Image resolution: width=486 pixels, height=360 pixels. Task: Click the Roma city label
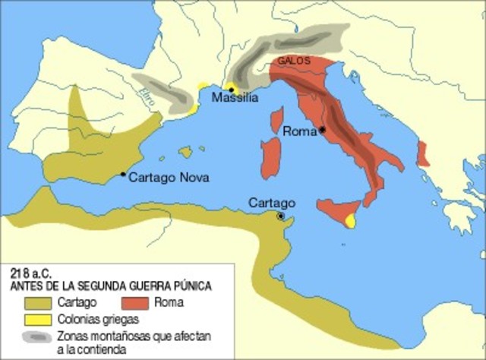[298, 131]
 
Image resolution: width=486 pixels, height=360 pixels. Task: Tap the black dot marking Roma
[323, 130]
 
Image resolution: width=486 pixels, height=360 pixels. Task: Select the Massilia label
[235, 98]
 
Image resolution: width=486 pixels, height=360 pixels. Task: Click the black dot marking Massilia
[231, 89]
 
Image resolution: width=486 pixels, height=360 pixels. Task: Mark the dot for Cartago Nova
[123, 174]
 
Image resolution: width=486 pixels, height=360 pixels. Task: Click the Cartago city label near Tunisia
[271, 203]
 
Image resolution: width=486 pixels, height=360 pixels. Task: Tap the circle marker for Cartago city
[281, 216]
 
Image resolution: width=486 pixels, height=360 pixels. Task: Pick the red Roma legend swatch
[134, 303]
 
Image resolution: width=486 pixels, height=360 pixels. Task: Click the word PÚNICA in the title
[191, 285]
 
